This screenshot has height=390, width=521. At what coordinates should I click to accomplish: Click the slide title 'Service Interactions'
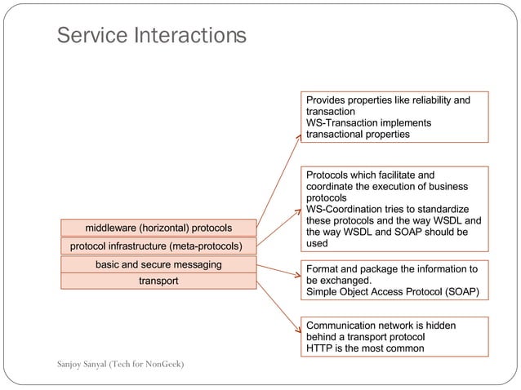click(150, 36)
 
